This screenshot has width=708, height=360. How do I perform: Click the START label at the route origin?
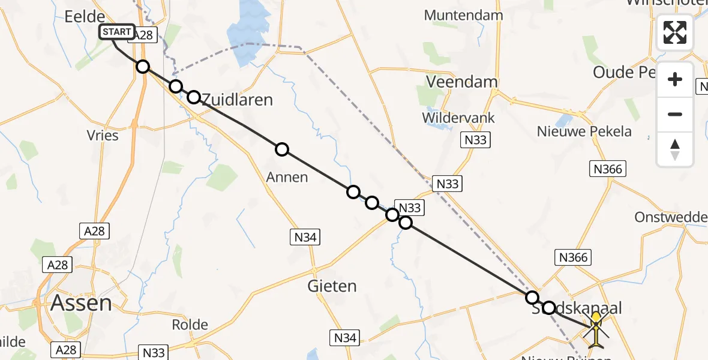116,32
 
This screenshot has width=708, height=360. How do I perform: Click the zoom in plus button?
675,80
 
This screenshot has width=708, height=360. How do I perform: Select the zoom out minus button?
675,114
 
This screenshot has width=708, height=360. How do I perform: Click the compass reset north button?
675,149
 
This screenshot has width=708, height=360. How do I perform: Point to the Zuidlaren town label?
238,100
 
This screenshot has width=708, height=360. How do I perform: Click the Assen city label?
81,302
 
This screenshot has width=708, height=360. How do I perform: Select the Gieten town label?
332,286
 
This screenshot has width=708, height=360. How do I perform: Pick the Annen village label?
288,177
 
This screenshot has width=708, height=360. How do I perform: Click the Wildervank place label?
458,118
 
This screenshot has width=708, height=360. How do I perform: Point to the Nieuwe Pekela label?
584,131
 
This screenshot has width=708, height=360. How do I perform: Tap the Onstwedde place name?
671,217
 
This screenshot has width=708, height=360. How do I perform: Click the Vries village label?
103,135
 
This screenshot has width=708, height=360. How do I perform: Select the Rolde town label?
190,325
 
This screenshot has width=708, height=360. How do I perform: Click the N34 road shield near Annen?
305,237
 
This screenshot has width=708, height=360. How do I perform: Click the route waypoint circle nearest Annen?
282,149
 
